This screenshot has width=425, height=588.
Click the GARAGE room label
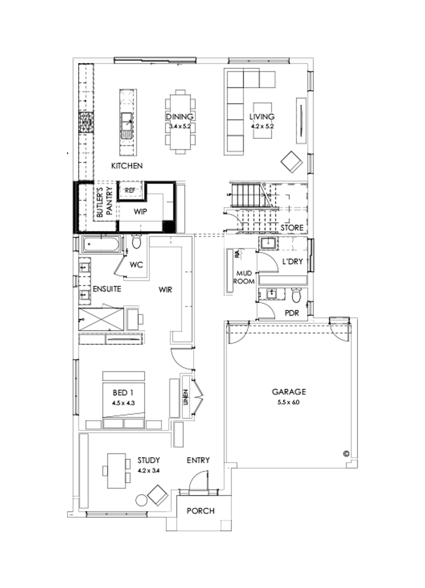(x=289, y=392)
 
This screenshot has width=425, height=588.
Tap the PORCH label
(x=200, y=511)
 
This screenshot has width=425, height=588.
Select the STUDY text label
(x=149, y=460)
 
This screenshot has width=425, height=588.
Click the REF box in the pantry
(x=130, y=190)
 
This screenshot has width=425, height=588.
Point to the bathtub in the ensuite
(x=102, y=245)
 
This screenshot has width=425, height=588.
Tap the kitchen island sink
(x=127, y=124)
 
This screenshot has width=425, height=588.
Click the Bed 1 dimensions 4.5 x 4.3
(x=123, y=403)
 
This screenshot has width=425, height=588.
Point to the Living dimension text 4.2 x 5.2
(x=262, y=126)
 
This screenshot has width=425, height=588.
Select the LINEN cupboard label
(x=186, y=397)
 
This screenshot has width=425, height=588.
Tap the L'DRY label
(x=292, y=261)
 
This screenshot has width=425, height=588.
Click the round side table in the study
(x=141, y=500)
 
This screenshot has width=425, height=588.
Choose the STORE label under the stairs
(x=292, y=228)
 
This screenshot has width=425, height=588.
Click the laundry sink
(x=269, y=244)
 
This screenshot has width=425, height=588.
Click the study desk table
(x=115, y=471)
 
